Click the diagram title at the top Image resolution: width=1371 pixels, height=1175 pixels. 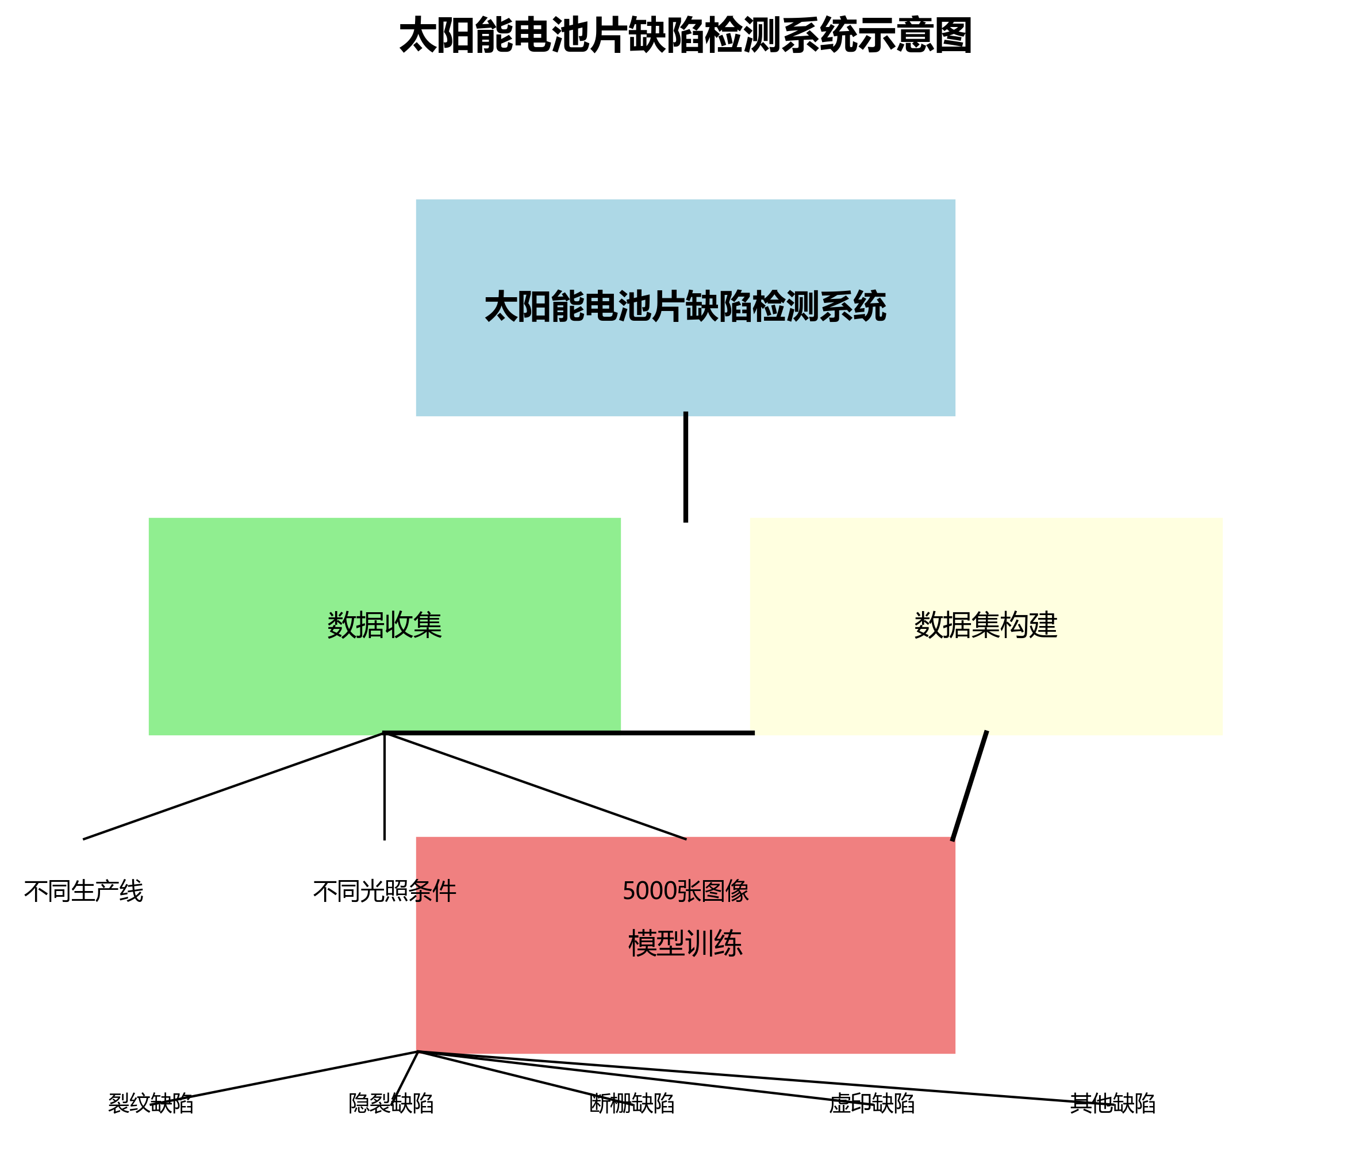point(685,36)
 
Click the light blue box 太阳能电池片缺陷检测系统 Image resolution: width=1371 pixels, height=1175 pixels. point(685,357)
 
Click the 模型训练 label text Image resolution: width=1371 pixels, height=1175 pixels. point(685,943)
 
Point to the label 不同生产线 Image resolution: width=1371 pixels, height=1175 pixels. point(83,891)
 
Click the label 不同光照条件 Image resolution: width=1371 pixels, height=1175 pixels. point(385,891)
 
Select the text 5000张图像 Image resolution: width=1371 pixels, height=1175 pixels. point(685,891)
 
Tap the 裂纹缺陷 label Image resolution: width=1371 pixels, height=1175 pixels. point(151,1103)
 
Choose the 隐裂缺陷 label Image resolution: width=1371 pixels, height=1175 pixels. point(391,1103)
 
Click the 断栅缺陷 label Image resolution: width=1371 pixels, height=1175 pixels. point(632,1103)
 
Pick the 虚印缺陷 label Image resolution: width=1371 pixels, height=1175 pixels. point(872,1103)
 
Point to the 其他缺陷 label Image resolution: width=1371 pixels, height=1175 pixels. point(1113,1103)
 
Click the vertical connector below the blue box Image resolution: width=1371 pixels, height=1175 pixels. point(685,466)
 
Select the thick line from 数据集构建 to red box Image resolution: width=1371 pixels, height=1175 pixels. point(970,785)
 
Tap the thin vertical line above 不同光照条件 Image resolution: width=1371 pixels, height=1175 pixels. point(385,788)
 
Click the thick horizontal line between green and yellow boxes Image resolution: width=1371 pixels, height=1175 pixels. point(685,732)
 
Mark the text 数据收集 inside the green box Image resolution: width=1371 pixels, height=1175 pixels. point(385,625)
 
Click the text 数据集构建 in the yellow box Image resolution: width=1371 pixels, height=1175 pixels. point(985,625)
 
